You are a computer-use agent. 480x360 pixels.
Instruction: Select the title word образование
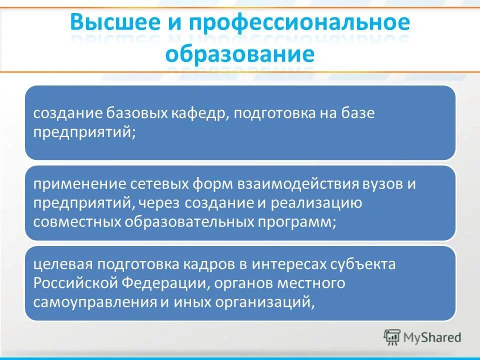(240, 53)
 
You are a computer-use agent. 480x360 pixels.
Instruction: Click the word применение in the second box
(78, 184)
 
